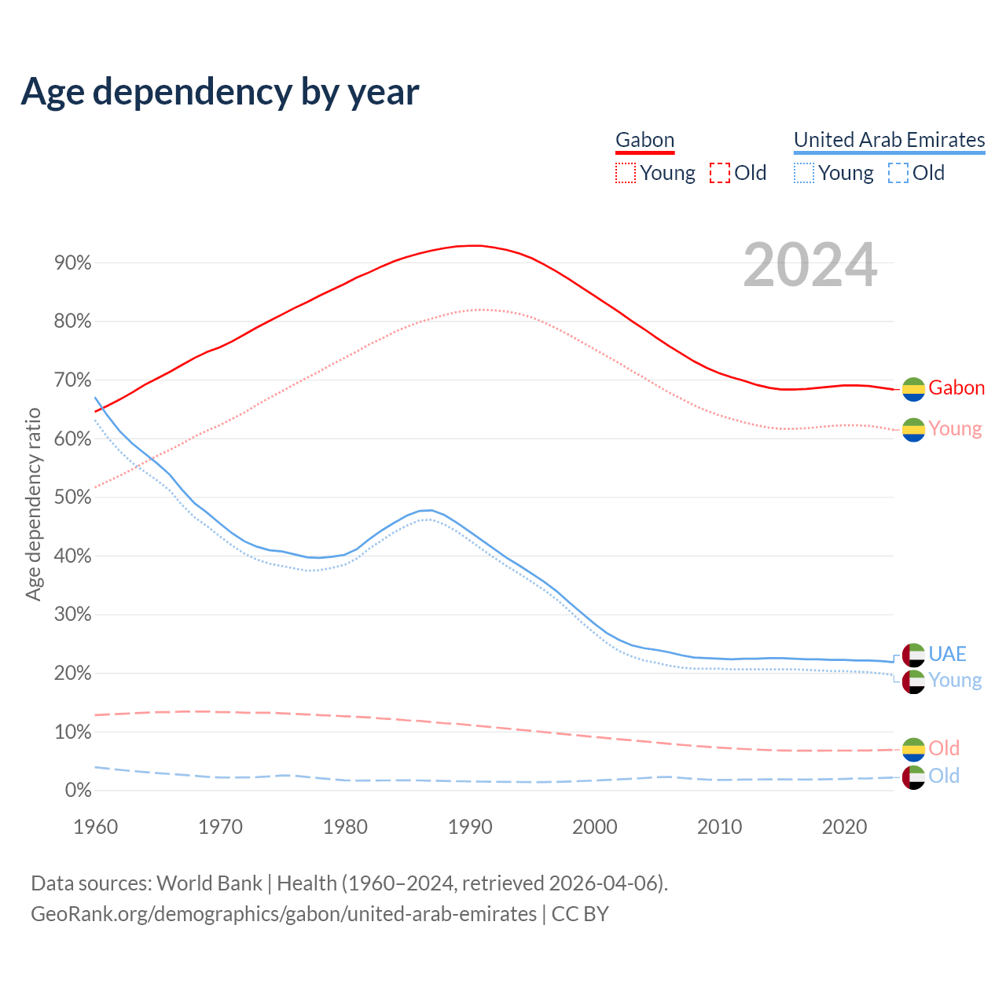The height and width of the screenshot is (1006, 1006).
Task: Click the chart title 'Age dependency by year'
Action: click(220, 91)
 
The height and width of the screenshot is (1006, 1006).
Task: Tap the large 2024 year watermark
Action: click(810, 266)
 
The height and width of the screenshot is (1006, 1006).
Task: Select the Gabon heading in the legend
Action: click(644, 140)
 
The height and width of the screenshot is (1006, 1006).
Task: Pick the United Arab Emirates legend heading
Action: click(889, 140)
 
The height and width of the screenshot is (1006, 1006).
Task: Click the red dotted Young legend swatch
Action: click(625, 173)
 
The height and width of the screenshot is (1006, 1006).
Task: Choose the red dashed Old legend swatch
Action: click(719, 173)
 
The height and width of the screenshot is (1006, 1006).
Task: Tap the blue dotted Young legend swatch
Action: click(803, 173)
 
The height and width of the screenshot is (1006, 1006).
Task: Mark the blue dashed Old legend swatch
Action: click(898, 173)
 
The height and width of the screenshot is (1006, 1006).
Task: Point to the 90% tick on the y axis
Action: click(73, 263)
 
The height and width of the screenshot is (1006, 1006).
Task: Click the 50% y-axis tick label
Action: click(73, 497)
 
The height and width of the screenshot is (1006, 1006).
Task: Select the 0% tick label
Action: click(78, 790)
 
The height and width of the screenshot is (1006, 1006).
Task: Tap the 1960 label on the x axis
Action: click(95, 827)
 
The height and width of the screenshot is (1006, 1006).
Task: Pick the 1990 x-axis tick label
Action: click(470, 827)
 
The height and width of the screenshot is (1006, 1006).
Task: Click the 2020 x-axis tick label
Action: click(844, 827)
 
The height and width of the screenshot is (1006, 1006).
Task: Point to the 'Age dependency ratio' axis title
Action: click(33, 504)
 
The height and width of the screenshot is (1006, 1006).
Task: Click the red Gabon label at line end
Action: click(956, 387)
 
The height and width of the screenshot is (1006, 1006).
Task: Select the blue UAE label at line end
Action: click(947, 654)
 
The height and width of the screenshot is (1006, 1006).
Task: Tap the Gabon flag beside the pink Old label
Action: click(913, 749)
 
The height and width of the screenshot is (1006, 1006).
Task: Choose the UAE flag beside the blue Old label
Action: click(913, 777)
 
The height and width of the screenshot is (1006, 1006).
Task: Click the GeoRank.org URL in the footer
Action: click(283, 914)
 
